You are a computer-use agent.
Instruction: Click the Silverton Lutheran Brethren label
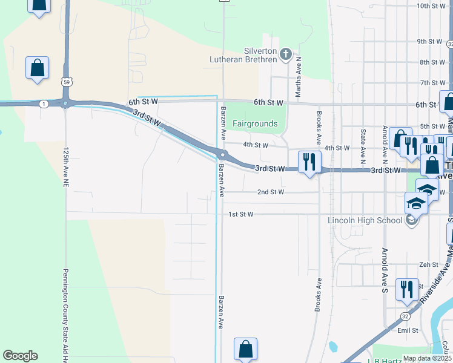pos(260,55)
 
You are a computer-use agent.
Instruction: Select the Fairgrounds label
pos(256,124)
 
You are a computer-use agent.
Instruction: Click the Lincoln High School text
pos(365,220)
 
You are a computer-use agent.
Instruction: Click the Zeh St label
pos(428,264)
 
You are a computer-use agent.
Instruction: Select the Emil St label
pos(408,330)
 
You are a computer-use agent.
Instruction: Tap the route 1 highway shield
pos(44,104)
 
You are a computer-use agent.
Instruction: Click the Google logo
pos(20,356)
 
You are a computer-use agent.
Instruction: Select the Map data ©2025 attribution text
pos(427,358)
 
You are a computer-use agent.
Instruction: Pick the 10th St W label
pos(431,5)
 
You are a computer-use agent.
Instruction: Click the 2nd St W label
pos(270,192)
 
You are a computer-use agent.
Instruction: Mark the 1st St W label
pos(240,214)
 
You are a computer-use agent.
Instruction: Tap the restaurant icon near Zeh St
pos(406,289)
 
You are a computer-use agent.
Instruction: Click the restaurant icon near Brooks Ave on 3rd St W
pos(309,162)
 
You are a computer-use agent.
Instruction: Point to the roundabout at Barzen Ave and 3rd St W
pos(223,154)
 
